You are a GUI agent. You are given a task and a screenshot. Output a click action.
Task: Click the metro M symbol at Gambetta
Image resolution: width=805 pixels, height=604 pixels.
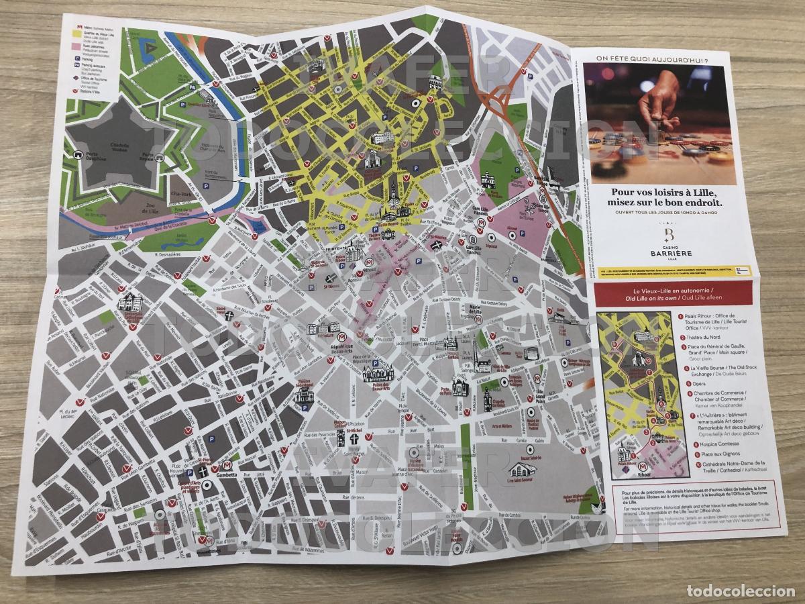[227, 465]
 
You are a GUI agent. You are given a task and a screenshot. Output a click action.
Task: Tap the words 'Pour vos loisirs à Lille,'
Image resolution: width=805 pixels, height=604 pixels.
[667, 191]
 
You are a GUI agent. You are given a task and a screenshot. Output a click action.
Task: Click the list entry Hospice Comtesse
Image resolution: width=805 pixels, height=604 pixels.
[711, 444]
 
